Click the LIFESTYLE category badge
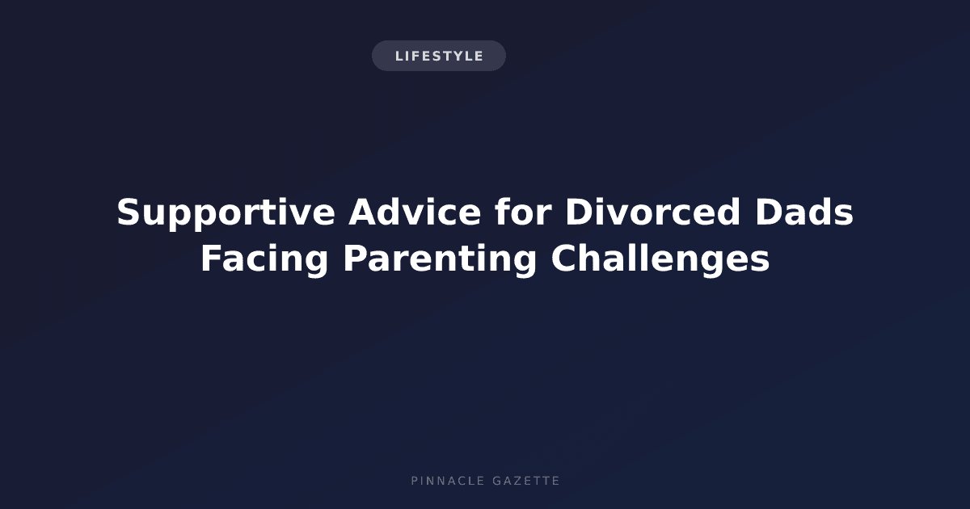(x=439, y=56)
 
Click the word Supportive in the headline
(x=226, y=213)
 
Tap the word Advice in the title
(x=415, y=212)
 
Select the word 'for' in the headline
(x=523, y=212)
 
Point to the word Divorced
(x=653, y=212)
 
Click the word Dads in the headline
(x=804, y=212)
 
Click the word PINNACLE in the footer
(x=448, y=481)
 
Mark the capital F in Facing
(x=211, y=258)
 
